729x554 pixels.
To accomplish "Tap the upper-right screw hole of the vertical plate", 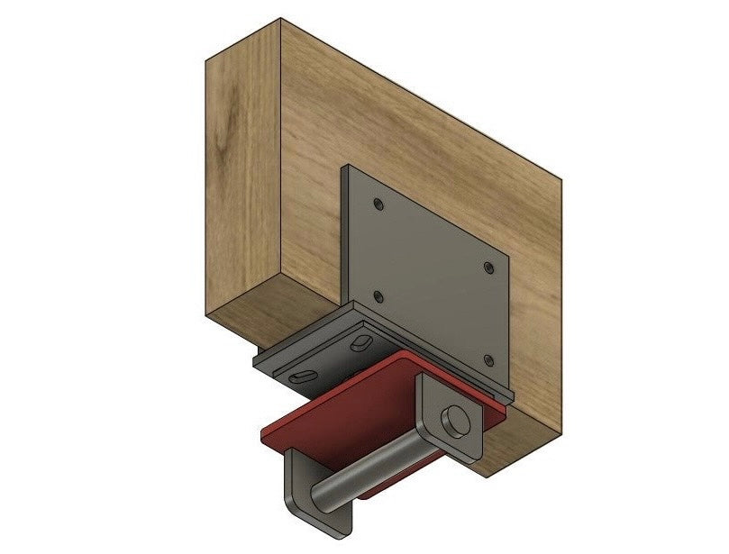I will pyautogui.click(x=488, y=268).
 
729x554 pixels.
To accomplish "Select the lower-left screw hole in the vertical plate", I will pyautogui.click(x=378, y=296).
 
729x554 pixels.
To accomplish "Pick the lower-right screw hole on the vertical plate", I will pyautogui.click(x=488, y=359).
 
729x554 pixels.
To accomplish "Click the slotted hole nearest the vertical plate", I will pyautogui.click(x=360, y=341).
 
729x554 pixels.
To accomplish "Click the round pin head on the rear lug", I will pyautogui.click(x=455, y=419).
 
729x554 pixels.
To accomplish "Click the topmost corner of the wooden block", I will pyautogui.click(x=280, y=17).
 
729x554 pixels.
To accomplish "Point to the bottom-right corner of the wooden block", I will pyautogui.click(x=488, y=476).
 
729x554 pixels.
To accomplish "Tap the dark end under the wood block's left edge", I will pyautogui.click(x=259, y=346).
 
